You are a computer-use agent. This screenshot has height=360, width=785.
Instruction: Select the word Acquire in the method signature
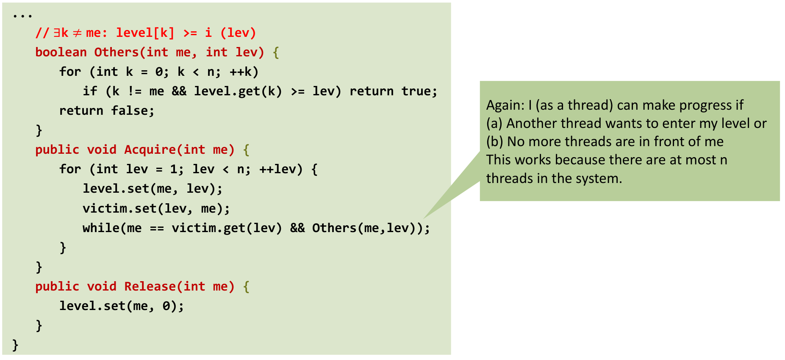click(150, 150)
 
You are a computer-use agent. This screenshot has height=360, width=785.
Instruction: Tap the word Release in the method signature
click(150, 286)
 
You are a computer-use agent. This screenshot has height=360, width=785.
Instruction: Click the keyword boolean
click(61, 52)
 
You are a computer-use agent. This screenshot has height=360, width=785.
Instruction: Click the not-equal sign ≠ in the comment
click(77, 33)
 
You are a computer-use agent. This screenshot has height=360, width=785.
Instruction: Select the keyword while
click(101, 228)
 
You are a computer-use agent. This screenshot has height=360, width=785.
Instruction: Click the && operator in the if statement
click(179, 91)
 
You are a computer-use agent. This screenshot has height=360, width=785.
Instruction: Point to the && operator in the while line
click(297, 228)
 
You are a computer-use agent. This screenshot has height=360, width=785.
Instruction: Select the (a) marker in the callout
click(494, 123)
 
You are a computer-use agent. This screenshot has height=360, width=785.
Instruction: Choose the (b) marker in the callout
click(494, 141)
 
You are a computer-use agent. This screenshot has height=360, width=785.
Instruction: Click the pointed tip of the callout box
click(424, 218)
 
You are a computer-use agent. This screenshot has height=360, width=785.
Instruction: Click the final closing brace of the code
click(15, 345)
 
